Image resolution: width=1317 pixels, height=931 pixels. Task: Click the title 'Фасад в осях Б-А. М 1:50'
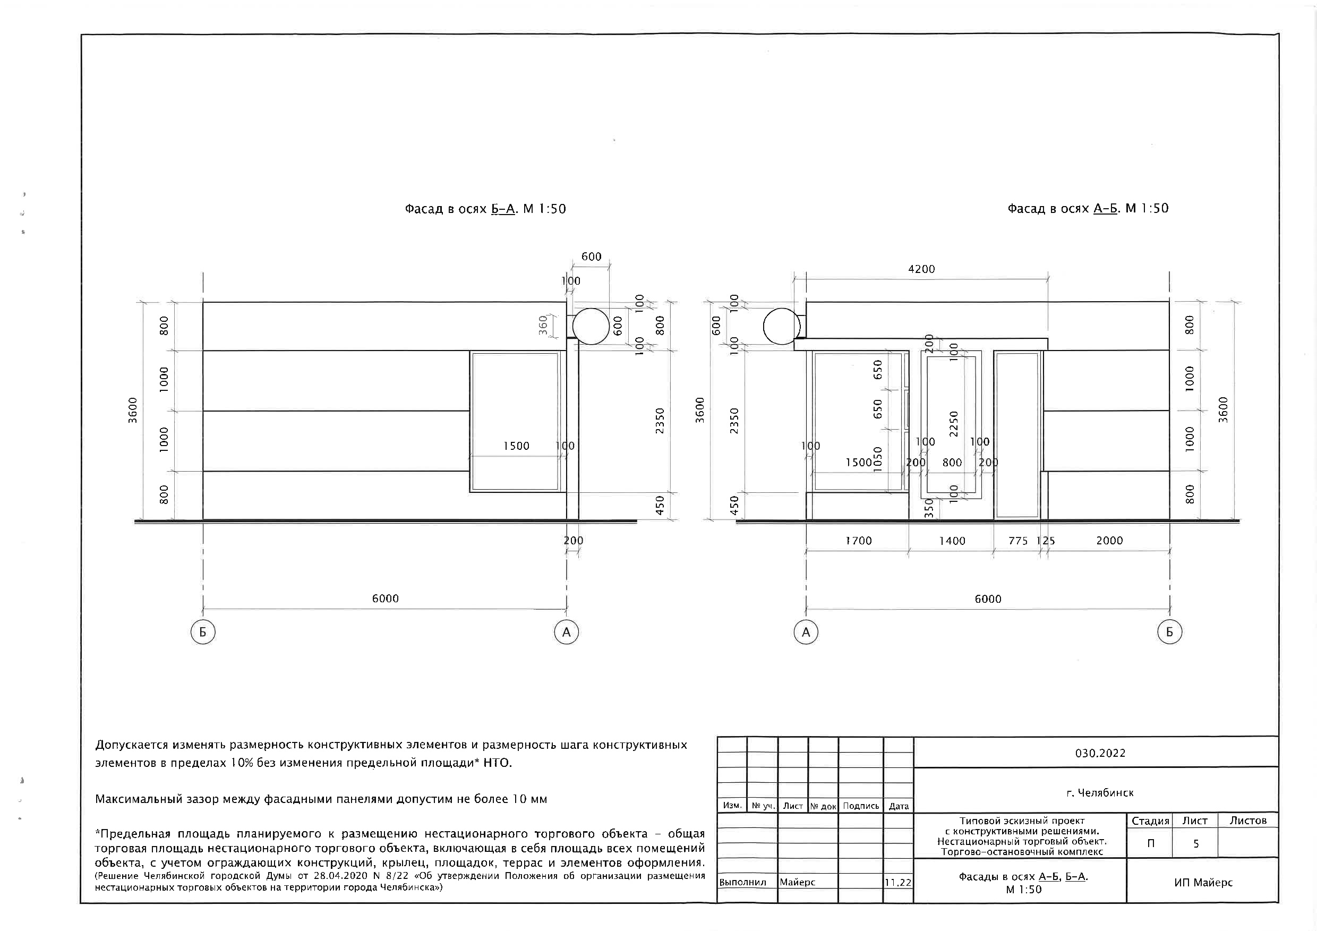[485, 209]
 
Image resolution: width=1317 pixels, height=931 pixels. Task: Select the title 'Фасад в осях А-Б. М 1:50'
[1088, 208]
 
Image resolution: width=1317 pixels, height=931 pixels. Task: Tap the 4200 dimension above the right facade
[921, 269]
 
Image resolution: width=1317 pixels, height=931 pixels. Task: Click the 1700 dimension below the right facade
[858, 541]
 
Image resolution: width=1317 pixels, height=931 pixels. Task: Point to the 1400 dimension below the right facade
[952, 541]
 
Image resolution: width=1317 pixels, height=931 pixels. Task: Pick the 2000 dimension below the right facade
[1109, 540]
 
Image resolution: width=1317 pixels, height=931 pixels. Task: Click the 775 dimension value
[1018, 541]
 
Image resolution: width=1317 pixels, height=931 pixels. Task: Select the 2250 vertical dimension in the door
[954, 424]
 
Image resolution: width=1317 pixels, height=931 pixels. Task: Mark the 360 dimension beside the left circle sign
[543, 326]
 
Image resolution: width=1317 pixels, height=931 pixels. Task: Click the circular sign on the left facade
[591, 327]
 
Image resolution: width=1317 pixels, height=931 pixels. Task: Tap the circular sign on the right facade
[781, 327]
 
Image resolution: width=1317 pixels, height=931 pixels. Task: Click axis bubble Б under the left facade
[202, 632]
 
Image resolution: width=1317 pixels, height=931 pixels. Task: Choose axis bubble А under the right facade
[806, 632]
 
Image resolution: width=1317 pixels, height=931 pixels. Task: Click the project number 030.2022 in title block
[1100, 753]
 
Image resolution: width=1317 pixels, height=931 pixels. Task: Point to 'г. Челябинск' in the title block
[1100, 793]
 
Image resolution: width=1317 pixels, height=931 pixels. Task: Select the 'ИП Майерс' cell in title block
[1203, 882]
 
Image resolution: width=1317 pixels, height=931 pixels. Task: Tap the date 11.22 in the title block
[897, 882]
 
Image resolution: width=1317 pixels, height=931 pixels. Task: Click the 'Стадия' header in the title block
[1150, 821]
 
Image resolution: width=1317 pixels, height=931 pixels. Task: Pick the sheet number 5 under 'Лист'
[1196, 844]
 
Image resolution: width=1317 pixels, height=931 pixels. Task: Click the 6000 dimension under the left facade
[385, 599]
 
